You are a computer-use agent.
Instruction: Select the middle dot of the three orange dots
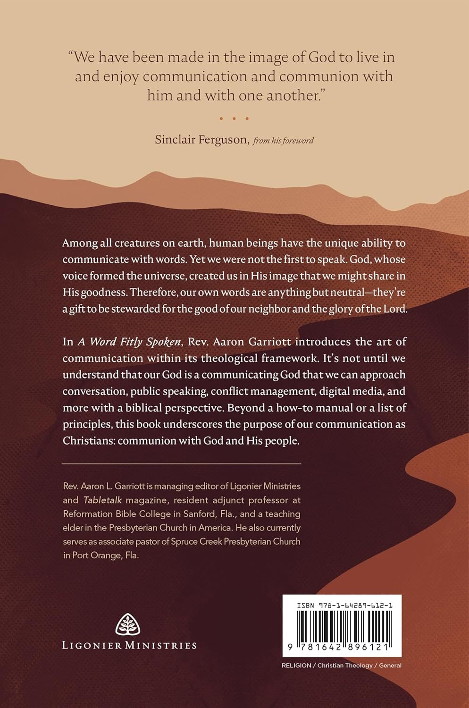click(234, 118)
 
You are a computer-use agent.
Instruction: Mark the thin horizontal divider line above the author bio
click(182, 464)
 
